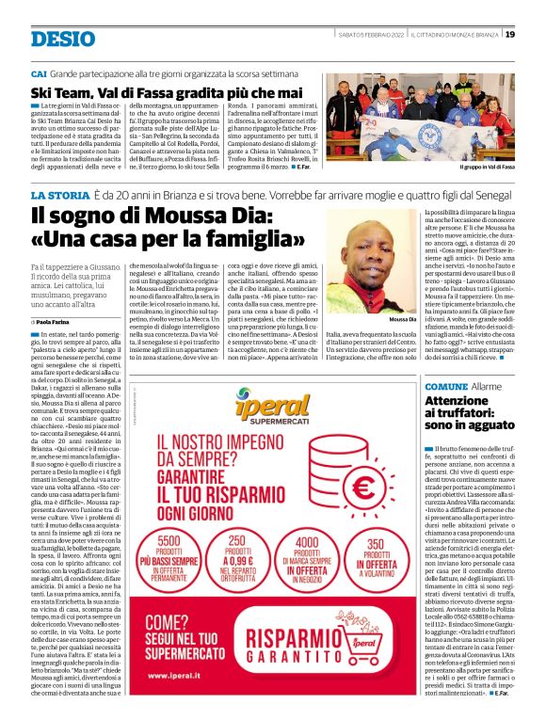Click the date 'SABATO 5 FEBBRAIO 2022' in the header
(x=375, y=35)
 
